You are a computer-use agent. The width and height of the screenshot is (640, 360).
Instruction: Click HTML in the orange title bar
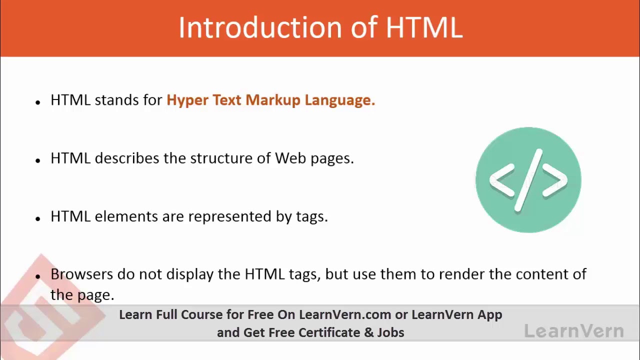[424, 27]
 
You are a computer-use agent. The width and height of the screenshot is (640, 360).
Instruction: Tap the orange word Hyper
[187, 100]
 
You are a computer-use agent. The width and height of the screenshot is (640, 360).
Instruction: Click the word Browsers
[82, 274]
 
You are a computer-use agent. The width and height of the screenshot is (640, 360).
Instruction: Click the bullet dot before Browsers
[38, 276]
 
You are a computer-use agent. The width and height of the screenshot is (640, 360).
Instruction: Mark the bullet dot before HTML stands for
[38, 102]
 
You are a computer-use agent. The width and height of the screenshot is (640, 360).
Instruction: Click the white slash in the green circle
[528, 180]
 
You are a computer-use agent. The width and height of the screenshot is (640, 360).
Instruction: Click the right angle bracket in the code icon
[554, 180]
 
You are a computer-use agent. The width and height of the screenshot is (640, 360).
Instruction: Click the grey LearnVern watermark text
[574, 331]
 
